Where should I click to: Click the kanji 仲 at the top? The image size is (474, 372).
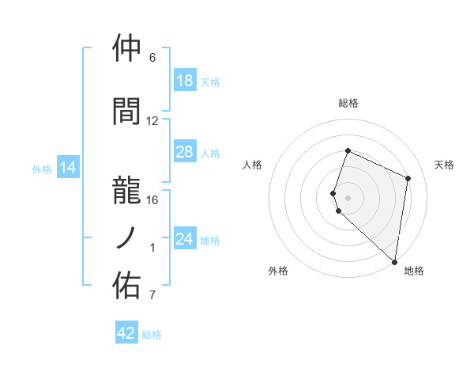(x=127, y=48)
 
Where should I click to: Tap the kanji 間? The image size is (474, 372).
(x=127, y=112)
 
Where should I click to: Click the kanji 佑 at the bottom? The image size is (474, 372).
(x=127, y=285)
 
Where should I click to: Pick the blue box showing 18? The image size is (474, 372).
(x=185, y=81)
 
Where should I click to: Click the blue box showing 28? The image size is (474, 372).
(x=185, y=152)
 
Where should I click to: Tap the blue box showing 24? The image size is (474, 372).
(x=185, y=239)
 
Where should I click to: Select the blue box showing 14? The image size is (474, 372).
(x=67, y=168)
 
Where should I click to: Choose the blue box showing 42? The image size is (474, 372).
(x=126, y=333)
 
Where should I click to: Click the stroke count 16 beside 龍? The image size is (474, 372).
(x=152, y=199)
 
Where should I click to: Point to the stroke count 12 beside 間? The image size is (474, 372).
(x=152, y=121)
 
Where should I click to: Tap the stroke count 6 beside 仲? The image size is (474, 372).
(x=152, y=58)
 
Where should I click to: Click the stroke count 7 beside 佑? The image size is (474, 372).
(x=152, y=295)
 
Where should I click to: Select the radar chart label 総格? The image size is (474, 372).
(x=348, y=103)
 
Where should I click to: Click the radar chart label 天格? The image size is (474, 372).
(x=444, y=165)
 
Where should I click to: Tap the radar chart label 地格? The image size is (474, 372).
(x=414, y=271)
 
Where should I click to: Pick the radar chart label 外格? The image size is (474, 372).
(x=278, y=271)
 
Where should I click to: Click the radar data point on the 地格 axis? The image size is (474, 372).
(x=394, y=261)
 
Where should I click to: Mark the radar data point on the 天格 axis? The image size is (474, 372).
(x=408, y=178)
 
